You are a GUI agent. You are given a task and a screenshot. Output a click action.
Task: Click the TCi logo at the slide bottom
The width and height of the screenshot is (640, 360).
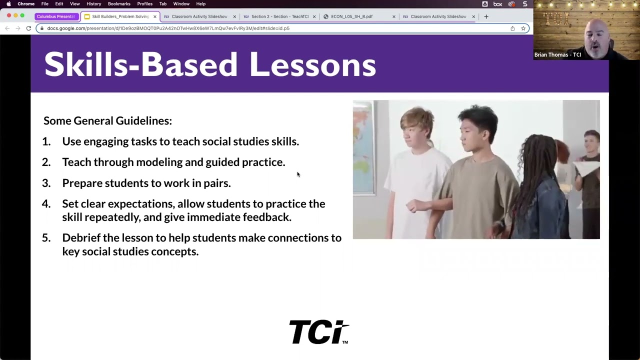(x=318, y=332)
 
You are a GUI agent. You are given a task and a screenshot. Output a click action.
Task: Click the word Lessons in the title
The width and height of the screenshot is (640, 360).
(x=312, y=65)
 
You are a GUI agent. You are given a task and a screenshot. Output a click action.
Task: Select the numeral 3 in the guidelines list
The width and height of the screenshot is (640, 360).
(x=46, y=183)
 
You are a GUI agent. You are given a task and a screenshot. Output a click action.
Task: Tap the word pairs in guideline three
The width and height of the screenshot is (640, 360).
(x=216, y=183)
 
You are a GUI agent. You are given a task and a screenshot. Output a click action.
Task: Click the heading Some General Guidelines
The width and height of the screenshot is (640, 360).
(x=107, y=120)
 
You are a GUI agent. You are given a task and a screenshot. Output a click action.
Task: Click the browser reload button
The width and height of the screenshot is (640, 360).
(x=28, y=28)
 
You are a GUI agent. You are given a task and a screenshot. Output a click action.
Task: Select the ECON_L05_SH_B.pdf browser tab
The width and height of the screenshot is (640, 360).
(x=351, y=16)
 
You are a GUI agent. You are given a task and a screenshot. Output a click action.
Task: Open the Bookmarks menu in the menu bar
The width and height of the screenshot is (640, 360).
(x=119, y=4)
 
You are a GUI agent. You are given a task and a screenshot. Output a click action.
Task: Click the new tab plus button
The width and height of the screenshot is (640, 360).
(x=486, y=16)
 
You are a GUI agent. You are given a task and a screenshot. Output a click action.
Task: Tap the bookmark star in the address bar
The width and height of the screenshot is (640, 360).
(x=523, y=28)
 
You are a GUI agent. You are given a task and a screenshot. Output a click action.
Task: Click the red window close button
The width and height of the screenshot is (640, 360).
(x=9, y=16)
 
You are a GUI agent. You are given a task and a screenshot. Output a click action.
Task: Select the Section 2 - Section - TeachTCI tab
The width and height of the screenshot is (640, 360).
(x=279, y=16)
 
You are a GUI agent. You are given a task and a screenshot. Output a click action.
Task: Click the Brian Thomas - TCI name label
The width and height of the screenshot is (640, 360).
(x=557, y=55)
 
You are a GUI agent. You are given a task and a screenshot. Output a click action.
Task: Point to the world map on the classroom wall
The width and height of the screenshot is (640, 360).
(x=363, y=145)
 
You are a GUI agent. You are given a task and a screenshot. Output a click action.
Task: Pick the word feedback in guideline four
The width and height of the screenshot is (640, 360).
(x=266, y=217)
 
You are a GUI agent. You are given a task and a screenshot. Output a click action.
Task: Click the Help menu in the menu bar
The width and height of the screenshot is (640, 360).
(x=200, y=4)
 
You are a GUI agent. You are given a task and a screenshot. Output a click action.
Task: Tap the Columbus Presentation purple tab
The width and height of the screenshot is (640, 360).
(x=55, y=16)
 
